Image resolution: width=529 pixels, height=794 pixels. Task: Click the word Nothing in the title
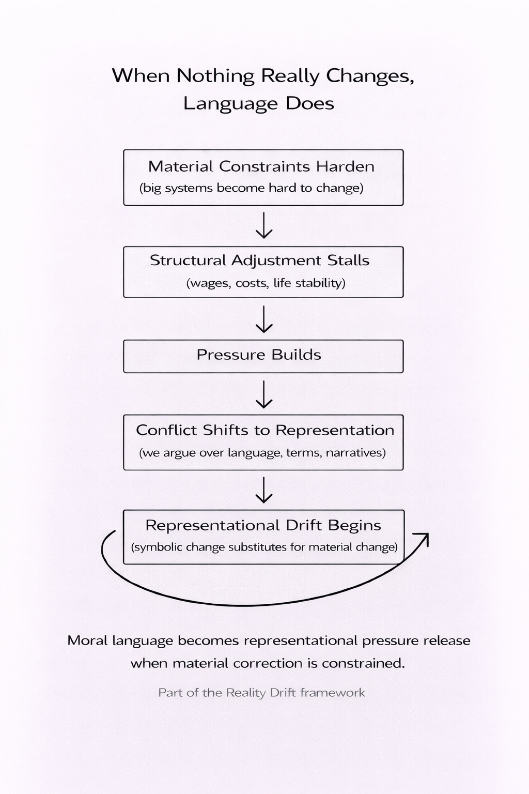215,76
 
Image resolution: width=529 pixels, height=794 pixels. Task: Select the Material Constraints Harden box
263,177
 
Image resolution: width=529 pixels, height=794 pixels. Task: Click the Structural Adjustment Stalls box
263,272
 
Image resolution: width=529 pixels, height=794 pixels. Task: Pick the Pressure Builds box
263,356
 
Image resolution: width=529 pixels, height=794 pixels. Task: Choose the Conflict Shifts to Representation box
263,442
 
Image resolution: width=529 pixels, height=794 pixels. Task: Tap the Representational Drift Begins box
263,537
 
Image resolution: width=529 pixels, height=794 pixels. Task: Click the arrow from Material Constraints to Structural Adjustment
264,225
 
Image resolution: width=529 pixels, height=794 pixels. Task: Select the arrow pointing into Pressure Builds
264,319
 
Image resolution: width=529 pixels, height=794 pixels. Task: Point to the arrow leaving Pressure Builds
264,394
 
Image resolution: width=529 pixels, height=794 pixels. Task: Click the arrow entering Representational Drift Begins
264,490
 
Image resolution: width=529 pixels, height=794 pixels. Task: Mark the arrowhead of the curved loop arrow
425,538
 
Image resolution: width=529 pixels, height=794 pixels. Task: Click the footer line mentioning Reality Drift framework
261,693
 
